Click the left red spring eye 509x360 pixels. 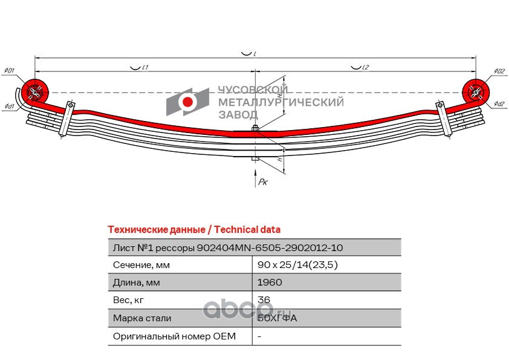tap(34, 92)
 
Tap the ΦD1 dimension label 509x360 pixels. tap(9, 71)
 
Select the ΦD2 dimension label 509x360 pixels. tap(499, 71)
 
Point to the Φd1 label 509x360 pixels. tap(9, 106)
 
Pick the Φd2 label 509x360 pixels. tap(499, 104)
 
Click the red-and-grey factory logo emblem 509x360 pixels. tap(188, 102)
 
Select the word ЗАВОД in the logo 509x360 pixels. tap(237, 114)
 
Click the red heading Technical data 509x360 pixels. tap(193, 229)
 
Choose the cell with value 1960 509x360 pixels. tap(269, 283)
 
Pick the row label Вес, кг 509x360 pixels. tap(129, 300)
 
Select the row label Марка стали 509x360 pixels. tap(142, 318)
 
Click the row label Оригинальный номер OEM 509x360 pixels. tap(174, 336)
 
